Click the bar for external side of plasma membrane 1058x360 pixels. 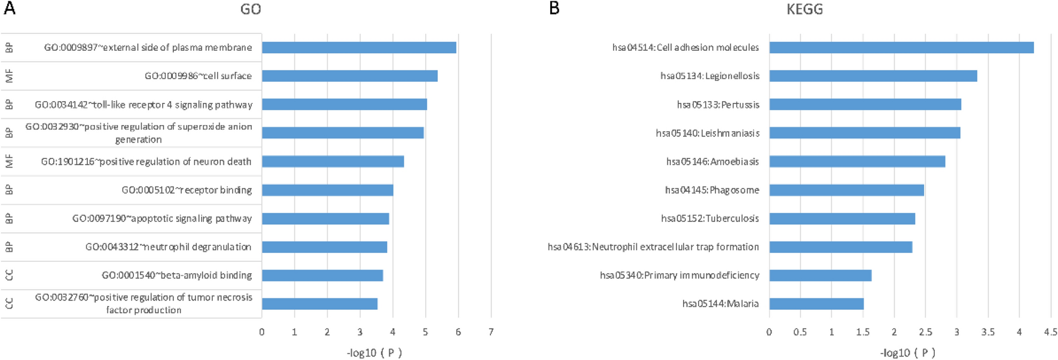(x=359, y=47)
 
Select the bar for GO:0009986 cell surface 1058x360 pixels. (x=349, y=76)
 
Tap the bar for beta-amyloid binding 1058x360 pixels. (x=322, y=275)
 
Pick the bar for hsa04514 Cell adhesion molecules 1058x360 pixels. (x=901, y=47)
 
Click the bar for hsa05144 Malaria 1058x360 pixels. (x=816, y=304)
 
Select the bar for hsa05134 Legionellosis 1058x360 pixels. (x=873, y=76)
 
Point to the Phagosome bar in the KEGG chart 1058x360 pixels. (x=846, y=190)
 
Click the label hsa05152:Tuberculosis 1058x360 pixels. (x=710, y=218)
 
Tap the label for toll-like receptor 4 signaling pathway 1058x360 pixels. (x=144, y=105)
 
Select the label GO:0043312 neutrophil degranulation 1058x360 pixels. (x=168, y=247)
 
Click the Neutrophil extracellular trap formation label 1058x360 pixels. (x=653, y=247)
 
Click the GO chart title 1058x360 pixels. (x=251, y=10)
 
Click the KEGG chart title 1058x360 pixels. (x=804, y=10)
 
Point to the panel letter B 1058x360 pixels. (x=554, y=8)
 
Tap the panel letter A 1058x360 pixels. (x=9, y=8)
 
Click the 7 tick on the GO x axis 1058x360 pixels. (x=491, y=332)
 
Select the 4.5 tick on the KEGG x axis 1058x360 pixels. (x=1050, y=332)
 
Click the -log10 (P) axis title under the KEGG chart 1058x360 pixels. (x=907, y=353)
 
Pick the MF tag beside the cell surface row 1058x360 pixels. (x=9, y=76)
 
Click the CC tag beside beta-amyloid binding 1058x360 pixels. (x=9, y=275)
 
